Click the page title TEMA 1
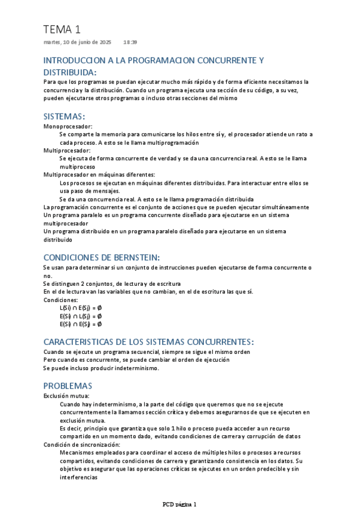62,29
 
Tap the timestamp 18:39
130,42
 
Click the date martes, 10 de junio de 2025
78,42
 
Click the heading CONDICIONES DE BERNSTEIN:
102,257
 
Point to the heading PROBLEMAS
68,386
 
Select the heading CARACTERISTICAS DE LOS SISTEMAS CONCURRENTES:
149,341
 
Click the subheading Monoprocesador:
68,127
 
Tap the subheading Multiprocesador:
67,151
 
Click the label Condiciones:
61,300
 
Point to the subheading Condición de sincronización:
82,445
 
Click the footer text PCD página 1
179,503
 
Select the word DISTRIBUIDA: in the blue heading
71,72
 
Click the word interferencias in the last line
78,478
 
